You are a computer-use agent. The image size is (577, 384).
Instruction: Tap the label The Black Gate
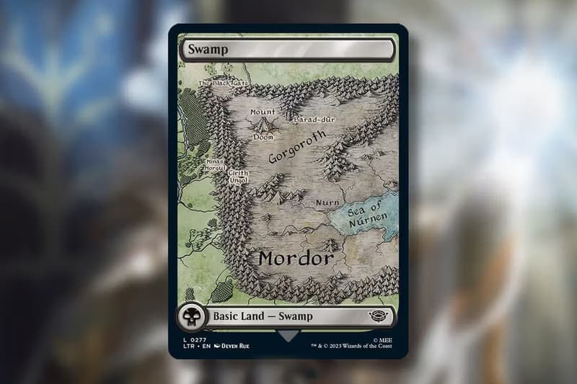pos(223,83)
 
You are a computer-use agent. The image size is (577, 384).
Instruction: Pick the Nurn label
pos(327,202)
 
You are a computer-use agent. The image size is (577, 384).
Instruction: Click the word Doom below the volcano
pos(263,137)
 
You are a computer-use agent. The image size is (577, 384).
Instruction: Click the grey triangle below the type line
pos(288,336)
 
